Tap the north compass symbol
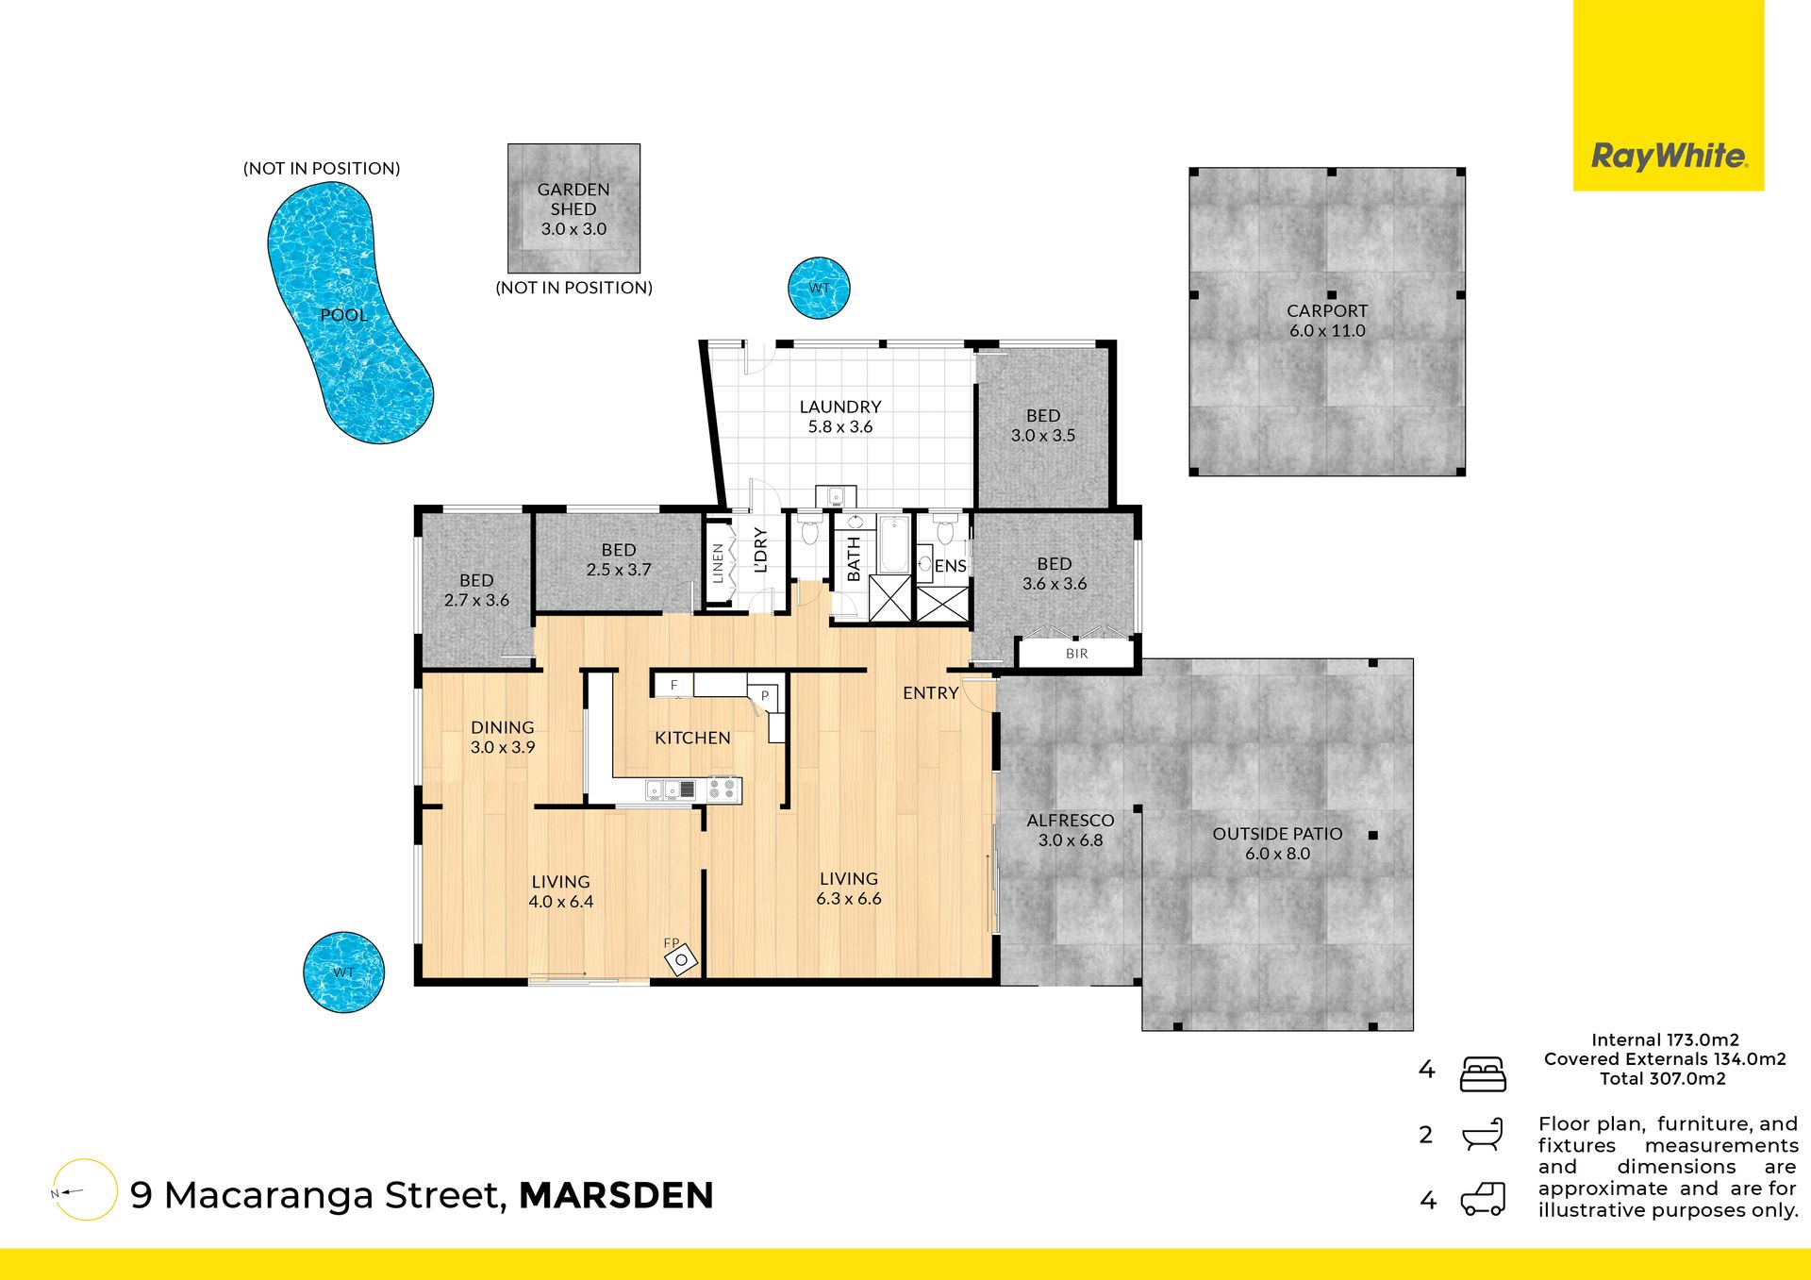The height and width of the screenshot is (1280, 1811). [x=85, y=1190]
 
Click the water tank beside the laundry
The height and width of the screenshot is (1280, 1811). [x=819, y=288]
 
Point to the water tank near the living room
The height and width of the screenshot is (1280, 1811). [x=343, y=972]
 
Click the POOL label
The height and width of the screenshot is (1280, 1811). [x=344, y=315]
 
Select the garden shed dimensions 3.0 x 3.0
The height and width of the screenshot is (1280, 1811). [x=573, y=229]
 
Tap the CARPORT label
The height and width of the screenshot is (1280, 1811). [x=1327, y=310]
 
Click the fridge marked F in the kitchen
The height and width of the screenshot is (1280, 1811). [x=673, y=685]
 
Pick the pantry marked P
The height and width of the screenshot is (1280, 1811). [x=764, y=696]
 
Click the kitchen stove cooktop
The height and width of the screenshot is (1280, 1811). [x=723, y=790]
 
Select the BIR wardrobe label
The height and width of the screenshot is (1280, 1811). [x=1077, y=653]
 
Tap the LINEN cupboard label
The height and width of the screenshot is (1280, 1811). [x=718, y=563]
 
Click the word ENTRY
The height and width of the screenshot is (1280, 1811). [x=931, y=692]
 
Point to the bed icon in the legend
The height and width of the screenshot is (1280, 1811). [x=1483, y=1074]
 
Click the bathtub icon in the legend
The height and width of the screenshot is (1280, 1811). [x=1483, y=1135]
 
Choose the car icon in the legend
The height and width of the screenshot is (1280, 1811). [x=1483, y=1199]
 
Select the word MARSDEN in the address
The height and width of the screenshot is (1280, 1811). [x=616, y=1195]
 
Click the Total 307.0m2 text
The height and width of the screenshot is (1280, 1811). [x=1663, y=1078]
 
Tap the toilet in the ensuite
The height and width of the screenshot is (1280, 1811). [x=945, y=531]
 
